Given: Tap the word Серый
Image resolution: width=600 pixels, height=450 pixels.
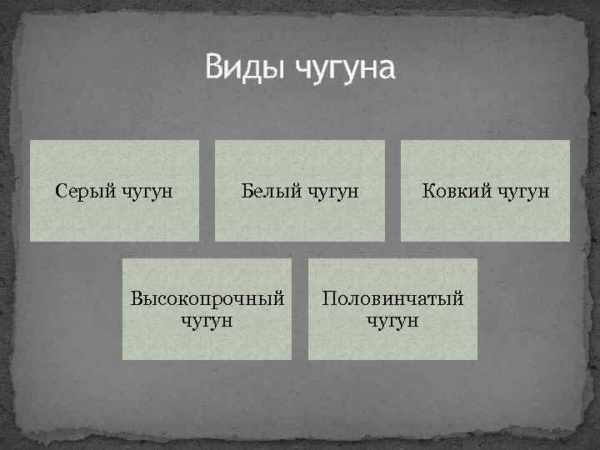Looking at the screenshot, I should (82, 191).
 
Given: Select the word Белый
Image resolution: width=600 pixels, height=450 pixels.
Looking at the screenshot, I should (268, 191).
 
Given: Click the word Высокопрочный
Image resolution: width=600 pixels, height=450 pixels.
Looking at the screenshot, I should (207, 298).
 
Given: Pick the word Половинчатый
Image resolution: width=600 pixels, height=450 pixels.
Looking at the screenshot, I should (392, 298).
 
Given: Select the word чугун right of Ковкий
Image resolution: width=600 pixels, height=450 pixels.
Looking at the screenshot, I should (523, 192).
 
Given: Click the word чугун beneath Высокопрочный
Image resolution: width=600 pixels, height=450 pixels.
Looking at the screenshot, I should (207, 320).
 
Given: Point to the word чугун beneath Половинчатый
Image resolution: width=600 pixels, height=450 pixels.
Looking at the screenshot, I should (392, 320).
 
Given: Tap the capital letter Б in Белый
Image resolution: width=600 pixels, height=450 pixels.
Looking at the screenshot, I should (247, 191).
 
